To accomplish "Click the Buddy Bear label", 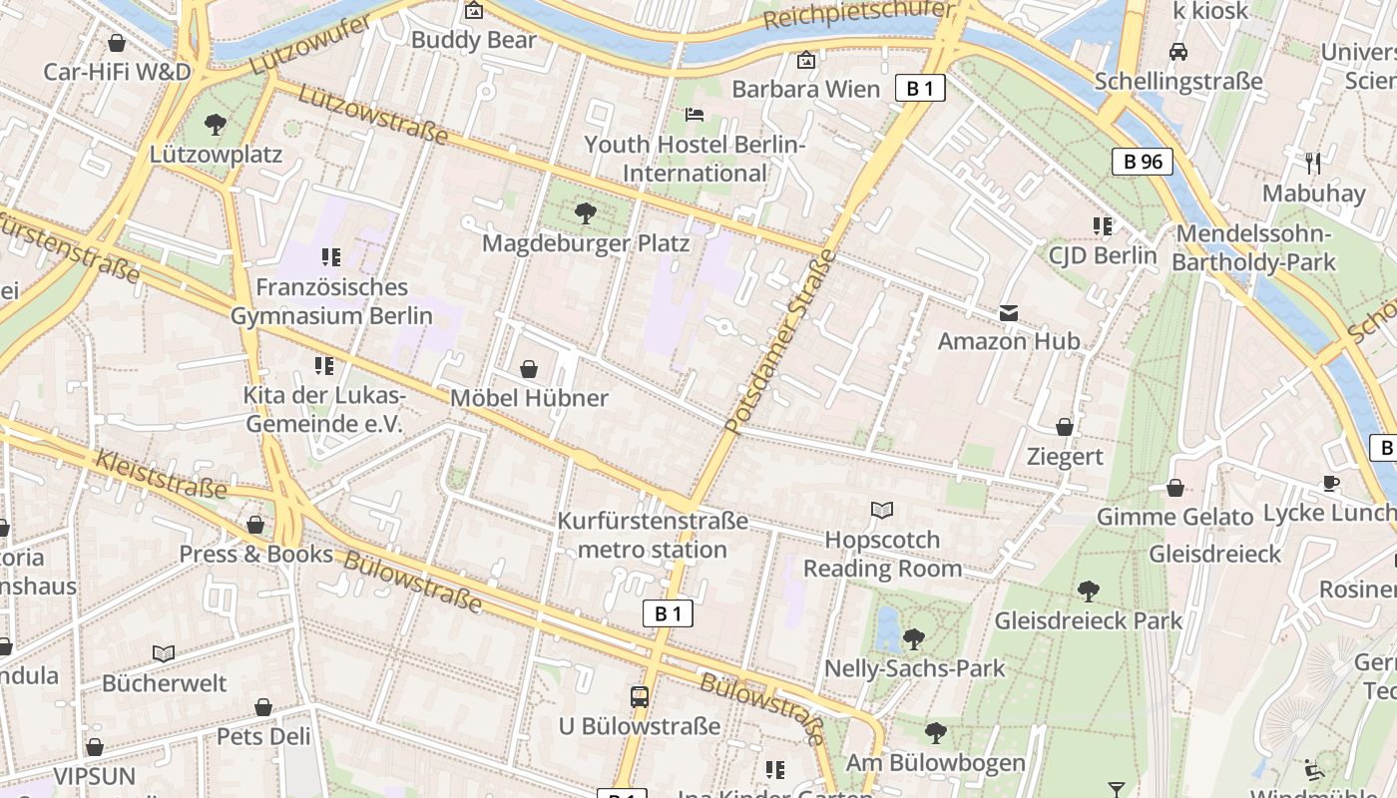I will (473, 40).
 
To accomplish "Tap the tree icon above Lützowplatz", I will (215, 125).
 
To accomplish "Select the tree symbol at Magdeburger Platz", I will (586, 212).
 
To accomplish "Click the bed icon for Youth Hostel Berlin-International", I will (694, 114).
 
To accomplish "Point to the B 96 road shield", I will (1143, 161).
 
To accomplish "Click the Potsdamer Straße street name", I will (781, 342).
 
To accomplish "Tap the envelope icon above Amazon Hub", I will (1009, 313).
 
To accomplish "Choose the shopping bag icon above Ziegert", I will (1065, 427).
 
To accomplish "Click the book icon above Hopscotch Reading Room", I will (882, 511).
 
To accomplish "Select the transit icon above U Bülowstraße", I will (640, 697).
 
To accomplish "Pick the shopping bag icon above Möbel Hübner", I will (529, 369).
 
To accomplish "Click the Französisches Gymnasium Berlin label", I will (331, 301).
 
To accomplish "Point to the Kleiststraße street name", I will (161, 474).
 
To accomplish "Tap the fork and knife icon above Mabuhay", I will (1313, 163).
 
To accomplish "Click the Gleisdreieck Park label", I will (1088, 620).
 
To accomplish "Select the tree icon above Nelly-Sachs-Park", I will (914, 639).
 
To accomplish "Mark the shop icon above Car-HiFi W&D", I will (117, 43).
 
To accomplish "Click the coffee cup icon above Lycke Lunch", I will (1331, 484).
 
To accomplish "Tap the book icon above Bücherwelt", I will (164, 654).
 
